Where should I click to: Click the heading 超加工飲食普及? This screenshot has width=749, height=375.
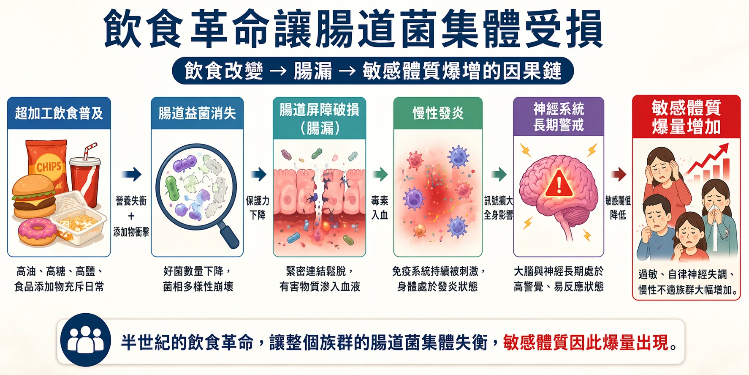tap(59, 113)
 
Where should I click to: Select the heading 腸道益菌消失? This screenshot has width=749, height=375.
tap(197, 113)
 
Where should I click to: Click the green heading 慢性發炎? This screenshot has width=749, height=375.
tap(438, 113)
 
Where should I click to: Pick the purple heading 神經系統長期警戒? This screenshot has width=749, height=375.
tap(559, 117)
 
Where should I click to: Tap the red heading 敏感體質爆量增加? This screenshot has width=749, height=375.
tap(686, 117)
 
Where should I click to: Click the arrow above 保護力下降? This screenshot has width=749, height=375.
tap(258, 174)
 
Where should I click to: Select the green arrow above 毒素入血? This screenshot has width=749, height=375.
tap(380, 174)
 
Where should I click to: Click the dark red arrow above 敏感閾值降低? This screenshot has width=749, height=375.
tap(619, 174)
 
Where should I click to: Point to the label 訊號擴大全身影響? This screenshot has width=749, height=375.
tap(499, 208)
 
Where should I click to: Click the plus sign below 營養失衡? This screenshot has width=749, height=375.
tap(131, 216)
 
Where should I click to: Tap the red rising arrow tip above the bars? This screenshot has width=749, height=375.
tap(725, 146)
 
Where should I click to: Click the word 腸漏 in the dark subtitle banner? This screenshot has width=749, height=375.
tap(313, 71)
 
